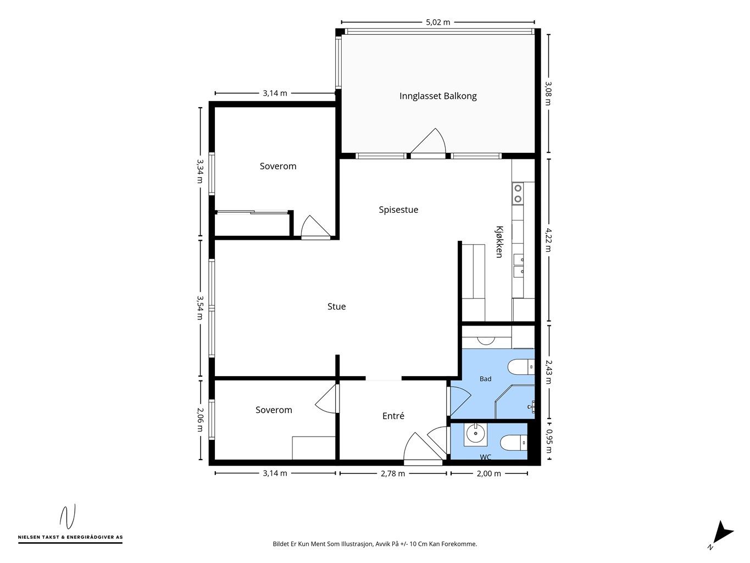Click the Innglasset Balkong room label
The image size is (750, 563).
click(438, 96)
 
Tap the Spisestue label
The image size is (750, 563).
click(398, 209)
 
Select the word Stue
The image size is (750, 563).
click(337, 306)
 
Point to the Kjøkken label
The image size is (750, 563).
click(499, 242)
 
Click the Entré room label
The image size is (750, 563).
click(393, 416)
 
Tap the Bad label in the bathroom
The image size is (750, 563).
click(486, 379)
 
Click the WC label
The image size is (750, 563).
click(486, 457)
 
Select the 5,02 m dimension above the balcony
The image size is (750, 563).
click(438, 23)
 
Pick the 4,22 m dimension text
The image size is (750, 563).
click(548, 240)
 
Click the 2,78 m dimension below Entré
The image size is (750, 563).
click(393, 473)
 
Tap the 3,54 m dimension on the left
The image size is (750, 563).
click(200, 308)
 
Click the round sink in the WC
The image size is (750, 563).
click(475, 434)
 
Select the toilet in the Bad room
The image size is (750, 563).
click(521, 367)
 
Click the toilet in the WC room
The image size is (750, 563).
click(514, 443)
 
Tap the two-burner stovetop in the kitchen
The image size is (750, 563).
click(518, 194)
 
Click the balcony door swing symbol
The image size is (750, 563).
click(429, 141)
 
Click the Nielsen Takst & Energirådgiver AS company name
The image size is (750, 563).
click(70, 537)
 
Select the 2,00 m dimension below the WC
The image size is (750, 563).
click(489, 473)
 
